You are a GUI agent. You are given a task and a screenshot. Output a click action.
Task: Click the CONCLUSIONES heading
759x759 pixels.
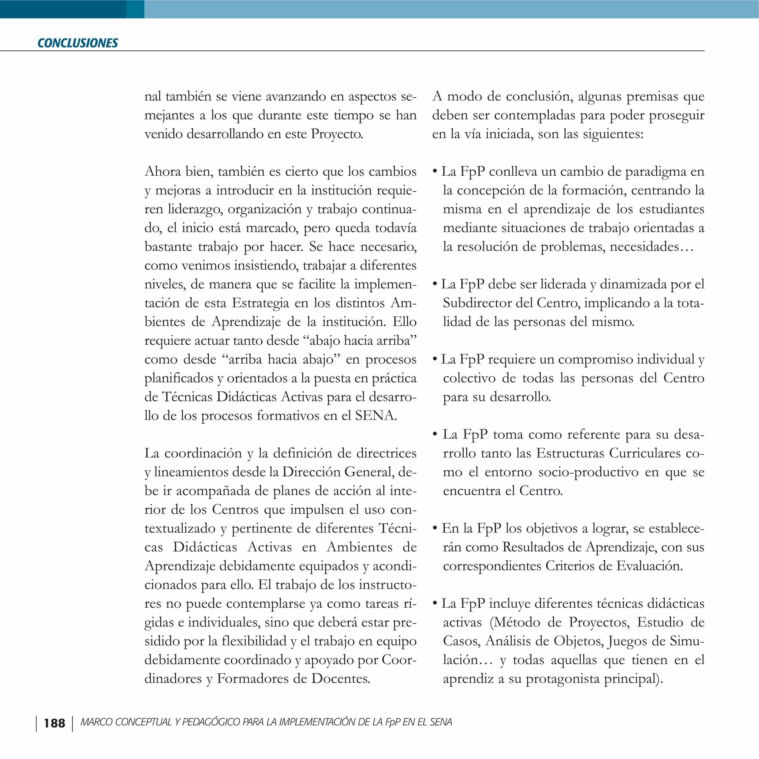point(77,43)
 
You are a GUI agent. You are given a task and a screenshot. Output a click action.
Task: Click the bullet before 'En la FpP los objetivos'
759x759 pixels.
point(435,528)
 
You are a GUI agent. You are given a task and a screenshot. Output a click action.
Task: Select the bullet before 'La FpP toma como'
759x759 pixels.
point(435,434)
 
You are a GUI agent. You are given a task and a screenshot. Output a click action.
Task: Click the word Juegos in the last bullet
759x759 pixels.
point(627,641)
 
